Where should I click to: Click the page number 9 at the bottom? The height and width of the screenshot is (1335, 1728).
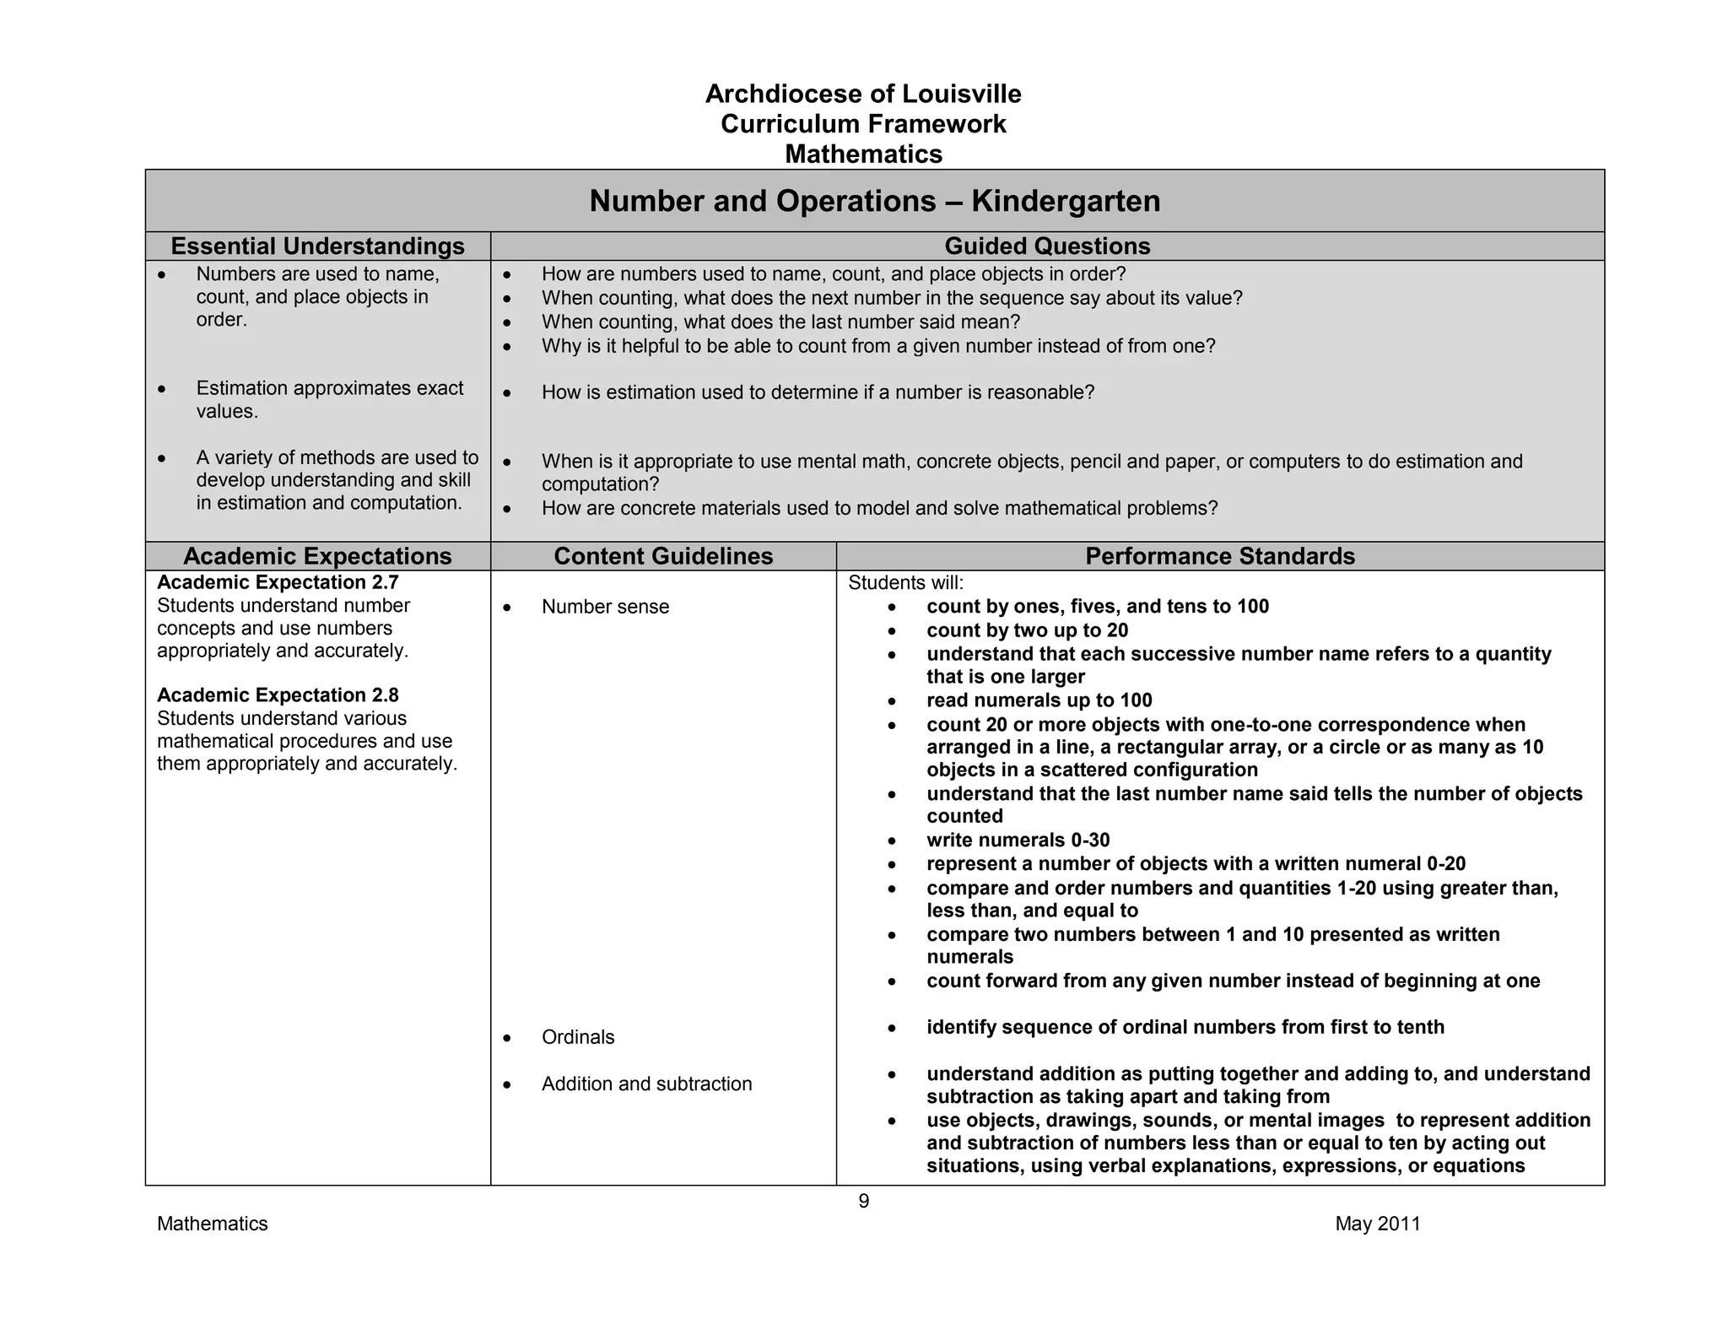coord(863,1201)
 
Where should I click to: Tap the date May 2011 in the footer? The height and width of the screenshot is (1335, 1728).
coord(1377,1224)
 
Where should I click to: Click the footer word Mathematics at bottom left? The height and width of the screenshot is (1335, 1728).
coord(212,1224)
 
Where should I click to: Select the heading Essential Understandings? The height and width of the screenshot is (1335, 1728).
coord(317,246)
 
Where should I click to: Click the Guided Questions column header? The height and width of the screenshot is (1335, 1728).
coord(1046,246)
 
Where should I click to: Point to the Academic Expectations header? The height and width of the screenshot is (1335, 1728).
coord(317,556)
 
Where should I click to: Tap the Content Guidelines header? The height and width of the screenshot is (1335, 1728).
coord(663,556)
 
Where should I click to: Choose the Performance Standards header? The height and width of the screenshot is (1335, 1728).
coord(1219,556)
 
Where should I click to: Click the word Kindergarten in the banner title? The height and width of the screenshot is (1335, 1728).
coord(1066,201)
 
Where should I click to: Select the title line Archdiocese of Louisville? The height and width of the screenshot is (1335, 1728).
coord(863,94)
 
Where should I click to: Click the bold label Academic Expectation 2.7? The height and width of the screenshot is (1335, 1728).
coord(278,582)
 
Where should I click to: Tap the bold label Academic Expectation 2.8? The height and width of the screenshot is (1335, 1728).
coord(278,695)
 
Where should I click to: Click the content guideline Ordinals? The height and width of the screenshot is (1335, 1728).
coord(578,1037)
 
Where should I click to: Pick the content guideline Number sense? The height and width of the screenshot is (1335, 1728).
coord(605,607)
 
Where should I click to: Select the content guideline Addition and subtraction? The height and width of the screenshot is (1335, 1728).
coord(646,1084)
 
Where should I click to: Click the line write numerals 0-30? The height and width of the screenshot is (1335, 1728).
coord(1018,840)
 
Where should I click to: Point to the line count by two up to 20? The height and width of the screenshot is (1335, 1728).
coord(1027,630)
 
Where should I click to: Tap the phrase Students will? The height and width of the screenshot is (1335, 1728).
coord(905,582)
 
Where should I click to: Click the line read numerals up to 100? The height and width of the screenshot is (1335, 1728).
coord(1039,700)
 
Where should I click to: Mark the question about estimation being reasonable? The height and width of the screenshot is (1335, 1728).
coord(817,392)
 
